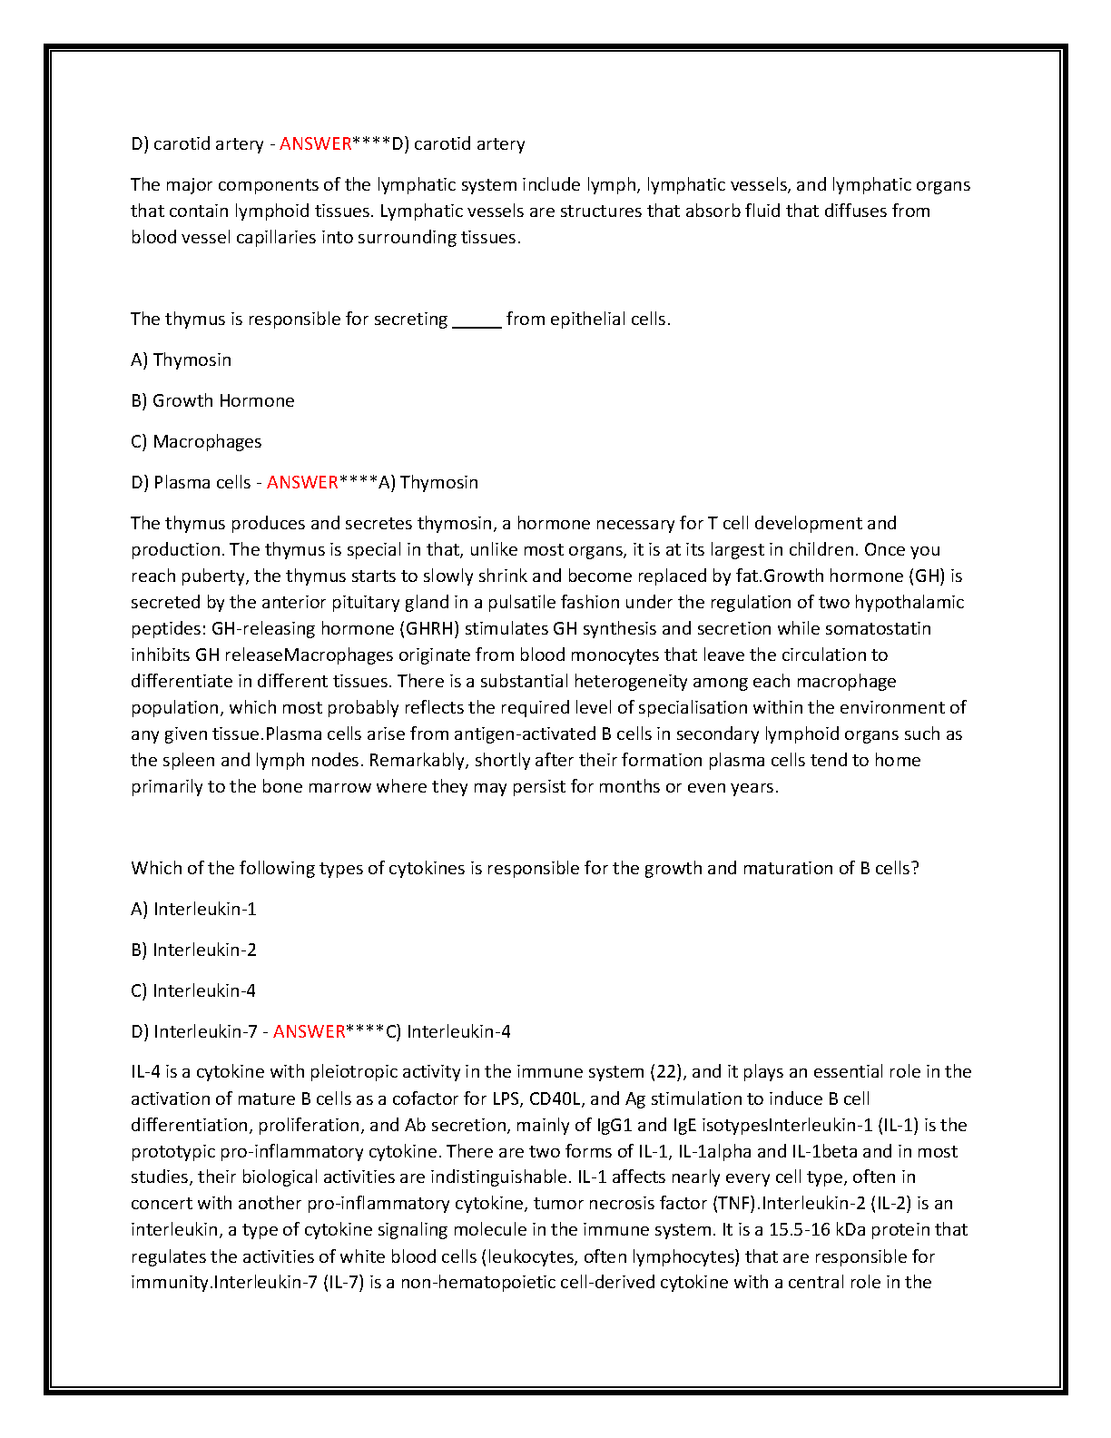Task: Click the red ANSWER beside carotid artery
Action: coord(315,143)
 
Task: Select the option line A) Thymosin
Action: coord(182,359)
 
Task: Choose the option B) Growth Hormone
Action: coord(212,400)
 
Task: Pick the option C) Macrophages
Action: coord(196,441)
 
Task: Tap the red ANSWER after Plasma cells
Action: coord(302,482)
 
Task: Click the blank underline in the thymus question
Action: coord(477,320)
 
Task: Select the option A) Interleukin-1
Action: coord(193,909)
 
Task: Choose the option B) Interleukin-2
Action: coord(193,950)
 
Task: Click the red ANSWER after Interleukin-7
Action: coord(309,1031)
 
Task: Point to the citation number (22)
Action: coord(668,1072)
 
